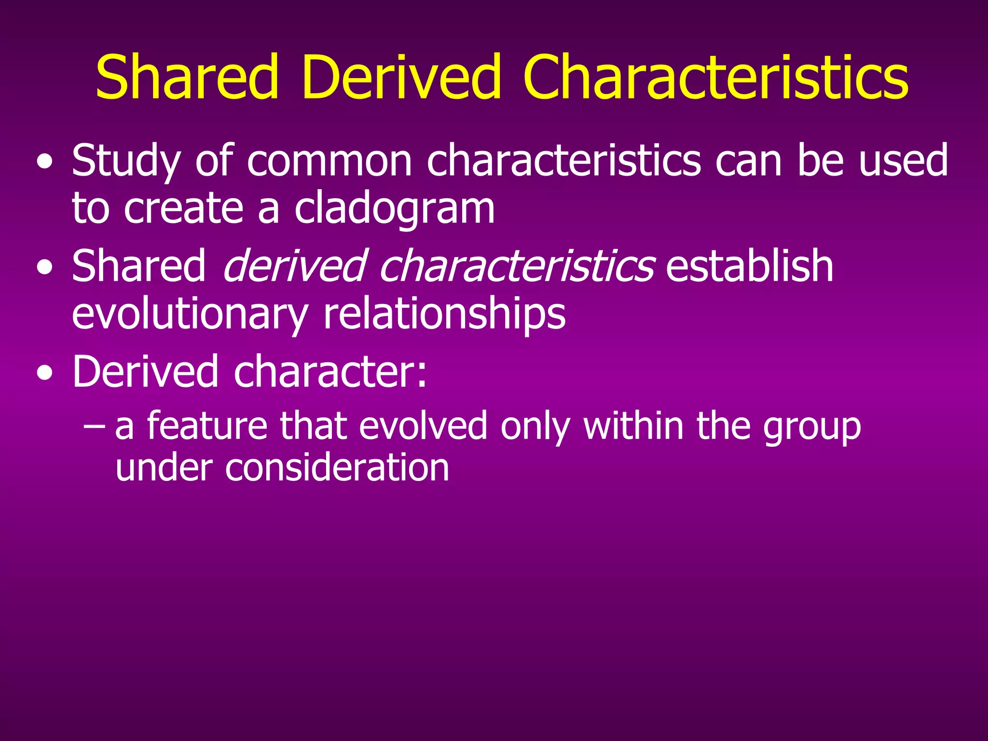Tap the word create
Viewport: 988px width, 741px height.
point(183,208)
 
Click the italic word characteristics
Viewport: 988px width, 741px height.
point(517,266)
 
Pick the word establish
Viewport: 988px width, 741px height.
point(749,266)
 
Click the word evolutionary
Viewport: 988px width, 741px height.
point(190,315)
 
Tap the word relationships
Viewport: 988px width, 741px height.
point(444,315)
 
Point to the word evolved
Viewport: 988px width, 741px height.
point(423,426)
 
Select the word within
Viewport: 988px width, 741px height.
point(633,425)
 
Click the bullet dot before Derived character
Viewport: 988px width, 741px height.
point(45,374)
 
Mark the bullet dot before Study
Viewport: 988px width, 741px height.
point(45,163)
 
